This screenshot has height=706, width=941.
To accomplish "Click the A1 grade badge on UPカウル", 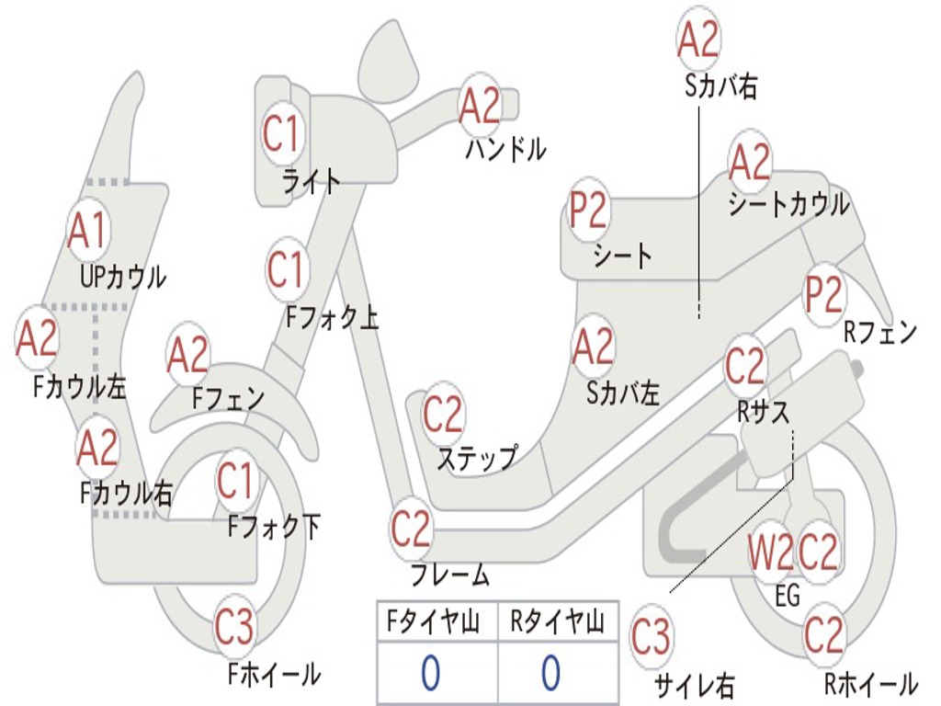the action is point(87,233).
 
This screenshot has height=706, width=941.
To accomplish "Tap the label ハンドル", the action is point(505,148).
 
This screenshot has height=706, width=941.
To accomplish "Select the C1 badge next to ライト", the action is point(281,134).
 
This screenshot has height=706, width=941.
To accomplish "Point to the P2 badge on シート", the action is point(588,211).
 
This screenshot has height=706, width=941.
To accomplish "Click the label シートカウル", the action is point(788,204).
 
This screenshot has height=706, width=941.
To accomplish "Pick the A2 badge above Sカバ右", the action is point(697,39).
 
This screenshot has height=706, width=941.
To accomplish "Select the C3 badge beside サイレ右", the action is point(651,638).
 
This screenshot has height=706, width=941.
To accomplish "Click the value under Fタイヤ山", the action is point(430,674).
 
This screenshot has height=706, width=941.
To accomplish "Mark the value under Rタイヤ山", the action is point(550,674).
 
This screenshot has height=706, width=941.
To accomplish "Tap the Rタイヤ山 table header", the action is point(557,624).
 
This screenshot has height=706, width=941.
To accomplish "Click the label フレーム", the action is point(449,576).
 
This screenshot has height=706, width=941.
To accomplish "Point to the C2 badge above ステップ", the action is point(444,416).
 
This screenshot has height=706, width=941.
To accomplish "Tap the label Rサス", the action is point(763,413).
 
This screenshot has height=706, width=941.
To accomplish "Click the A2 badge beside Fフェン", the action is point(187,356).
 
